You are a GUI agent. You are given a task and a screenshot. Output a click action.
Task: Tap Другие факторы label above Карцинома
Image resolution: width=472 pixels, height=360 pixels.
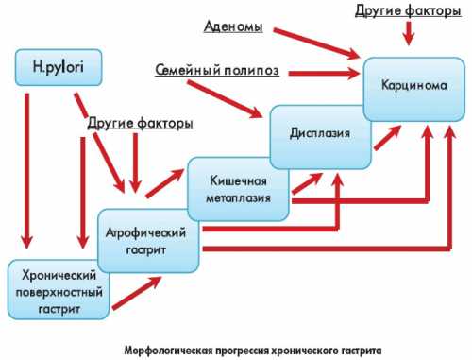tap(407, 10)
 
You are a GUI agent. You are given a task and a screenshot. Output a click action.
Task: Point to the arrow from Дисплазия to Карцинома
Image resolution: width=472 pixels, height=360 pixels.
tap(387, 137)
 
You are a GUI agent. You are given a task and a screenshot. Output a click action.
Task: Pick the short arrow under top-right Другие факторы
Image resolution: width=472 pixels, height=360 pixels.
tap(408, 32)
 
